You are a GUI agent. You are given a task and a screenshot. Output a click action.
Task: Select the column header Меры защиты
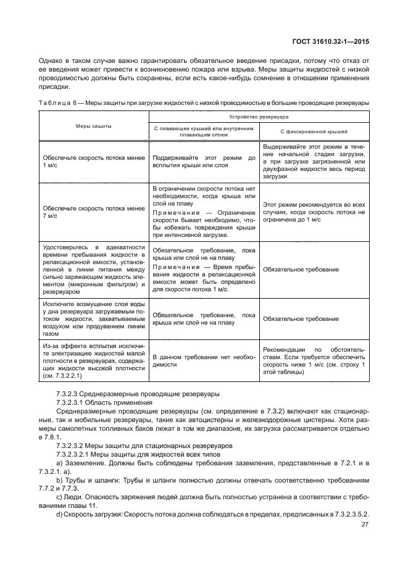pyautogui.click(x=93, y=125)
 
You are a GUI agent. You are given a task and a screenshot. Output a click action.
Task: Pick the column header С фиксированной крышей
pyautogui.click(x=314, y=131)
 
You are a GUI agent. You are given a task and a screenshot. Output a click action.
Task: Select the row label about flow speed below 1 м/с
pyautogui.click(x=93, y=162)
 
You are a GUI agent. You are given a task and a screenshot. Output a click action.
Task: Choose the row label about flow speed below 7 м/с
pyautogui.click(x=93, y=212)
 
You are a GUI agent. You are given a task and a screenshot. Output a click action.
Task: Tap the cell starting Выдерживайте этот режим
pyautogui.click(x=314, y=162)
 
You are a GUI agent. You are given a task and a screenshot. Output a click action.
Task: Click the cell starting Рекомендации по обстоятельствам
pyautogui.click(x=314, y=360)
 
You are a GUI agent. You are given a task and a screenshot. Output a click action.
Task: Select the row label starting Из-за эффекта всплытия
pyautogui.click(x=93, y=360)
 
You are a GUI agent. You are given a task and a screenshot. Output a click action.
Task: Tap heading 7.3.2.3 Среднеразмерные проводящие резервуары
pyautogui.click(x=133, y=393)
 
